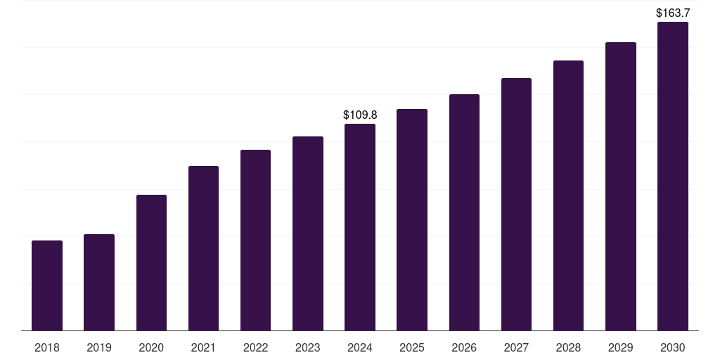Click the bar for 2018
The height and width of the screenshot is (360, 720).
click(47, 285)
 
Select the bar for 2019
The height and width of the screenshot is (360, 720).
click(99, 282)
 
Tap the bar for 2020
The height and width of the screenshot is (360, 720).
click(151, 262)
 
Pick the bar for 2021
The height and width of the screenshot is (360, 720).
click(203, 248)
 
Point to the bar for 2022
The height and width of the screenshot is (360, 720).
click(255, 240)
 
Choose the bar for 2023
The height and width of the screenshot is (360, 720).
click(307, 233)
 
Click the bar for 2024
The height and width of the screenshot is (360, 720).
click(360, 227)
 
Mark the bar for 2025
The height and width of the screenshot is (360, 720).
click(412, 219)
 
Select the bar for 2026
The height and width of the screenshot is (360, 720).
click(464, 212)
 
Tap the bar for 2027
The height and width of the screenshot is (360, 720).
click(516, 204)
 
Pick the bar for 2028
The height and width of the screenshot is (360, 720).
click(568, 195)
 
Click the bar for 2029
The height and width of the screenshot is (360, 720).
click(620, 186)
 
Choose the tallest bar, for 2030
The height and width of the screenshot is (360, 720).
click(672, 176)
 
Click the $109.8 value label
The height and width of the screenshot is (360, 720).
click(360, 114)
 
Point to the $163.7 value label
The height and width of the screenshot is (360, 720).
click(672, 13)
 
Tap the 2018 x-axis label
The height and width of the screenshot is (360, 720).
click(47, 347)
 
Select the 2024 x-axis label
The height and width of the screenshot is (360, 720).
click(360, 347)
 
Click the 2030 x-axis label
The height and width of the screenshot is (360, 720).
click(672, 347)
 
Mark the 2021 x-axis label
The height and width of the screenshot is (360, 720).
click(203, 347)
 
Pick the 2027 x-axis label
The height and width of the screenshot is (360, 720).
click(516, 347)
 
